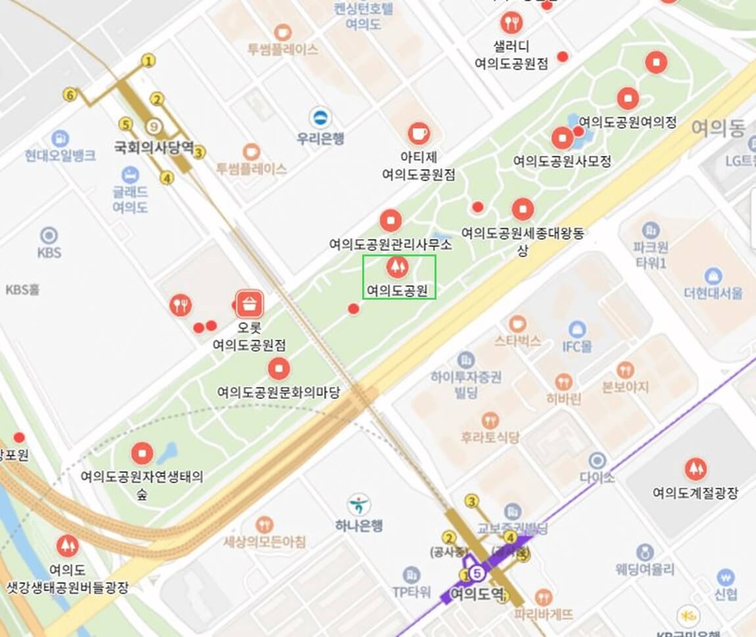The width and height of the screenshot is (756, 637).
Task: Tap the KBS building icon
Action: point(49,235)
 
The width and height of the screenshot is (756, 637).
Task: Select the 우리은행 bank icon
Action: point(321,118)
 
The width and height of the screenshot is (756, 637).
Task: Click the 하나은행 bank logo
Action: point(359,505)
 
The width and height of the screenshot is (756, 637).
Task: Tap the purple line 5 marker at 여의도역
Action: point(478,574)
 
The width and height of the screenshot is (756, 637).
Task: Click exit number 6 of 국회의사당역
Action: point(70,95)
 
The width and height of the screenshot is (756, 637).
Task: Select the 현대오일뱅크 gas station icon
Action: point(60,139)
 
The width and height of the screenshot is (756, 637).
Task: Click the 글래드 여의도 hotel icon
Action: point(130,175)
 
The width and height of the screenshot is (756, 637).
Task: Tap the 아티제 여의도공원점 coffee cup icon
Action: point(419,133)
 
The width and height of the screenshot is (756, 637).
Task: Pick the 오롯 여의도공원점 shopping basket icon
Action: point(250,304)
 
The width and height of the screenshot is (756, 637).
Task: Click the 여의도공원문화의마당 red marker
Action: point(279,369)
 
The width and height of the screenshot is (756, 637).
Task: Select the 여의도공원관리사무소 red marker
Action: point(390,220)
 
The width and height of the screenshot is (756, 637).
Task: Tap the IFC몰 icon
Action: point(577,329)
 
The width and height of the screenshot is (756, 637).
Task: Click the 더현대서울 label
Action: point(713,293)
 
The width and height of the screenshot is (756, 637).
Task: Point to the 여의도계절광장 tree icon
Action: point(696,469)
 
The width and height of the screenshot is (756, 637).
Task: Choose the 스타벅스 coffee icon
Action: point(517,323)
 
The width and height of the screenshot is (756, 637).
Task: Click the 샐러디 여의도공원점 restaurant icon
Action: point(511,24)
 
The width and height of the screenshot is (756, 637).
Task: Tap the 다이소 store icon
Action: point(597,460)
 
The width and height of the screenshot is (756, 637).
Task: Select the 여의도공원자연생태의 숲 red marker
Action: point(142,453)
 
